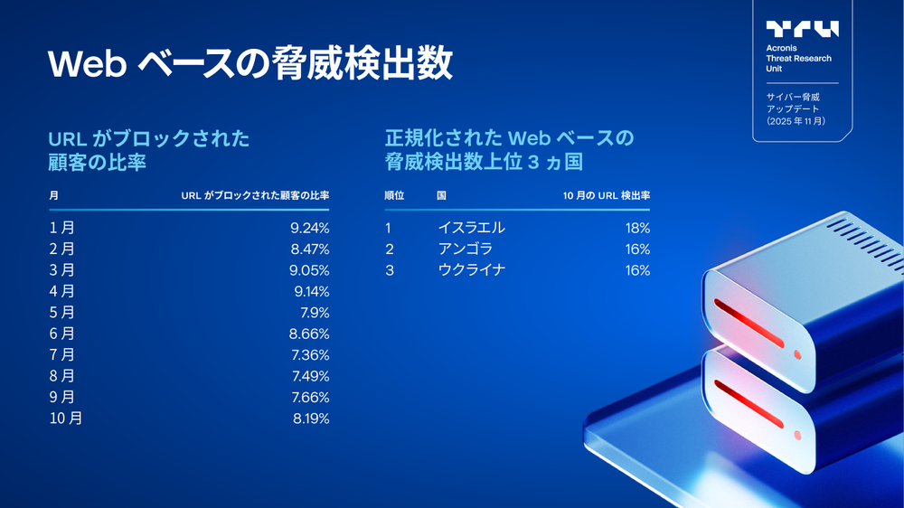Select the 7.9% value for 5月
(314, 313)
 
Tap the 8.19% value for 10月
(310, 419)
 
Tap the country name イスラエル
(471, 228)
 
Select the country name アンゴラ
(465, 249)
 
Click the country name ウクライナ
(471, 270)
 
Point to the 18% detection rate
(637, 228)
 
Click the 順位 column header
(394, 195)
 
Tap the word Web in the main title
(86, 65)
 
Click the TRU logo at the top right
(802, 29)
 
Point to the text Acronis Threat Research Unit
(798, 59)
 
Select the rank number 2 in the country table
(390, 249)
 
